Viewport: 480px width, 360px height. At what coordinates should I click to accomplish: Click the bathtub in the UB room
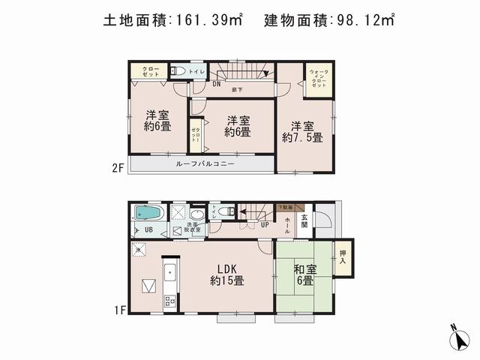[x=148, y=212]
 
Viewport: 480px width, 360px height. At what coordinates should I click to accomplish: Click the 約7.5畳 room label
[x=302, y=131]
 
